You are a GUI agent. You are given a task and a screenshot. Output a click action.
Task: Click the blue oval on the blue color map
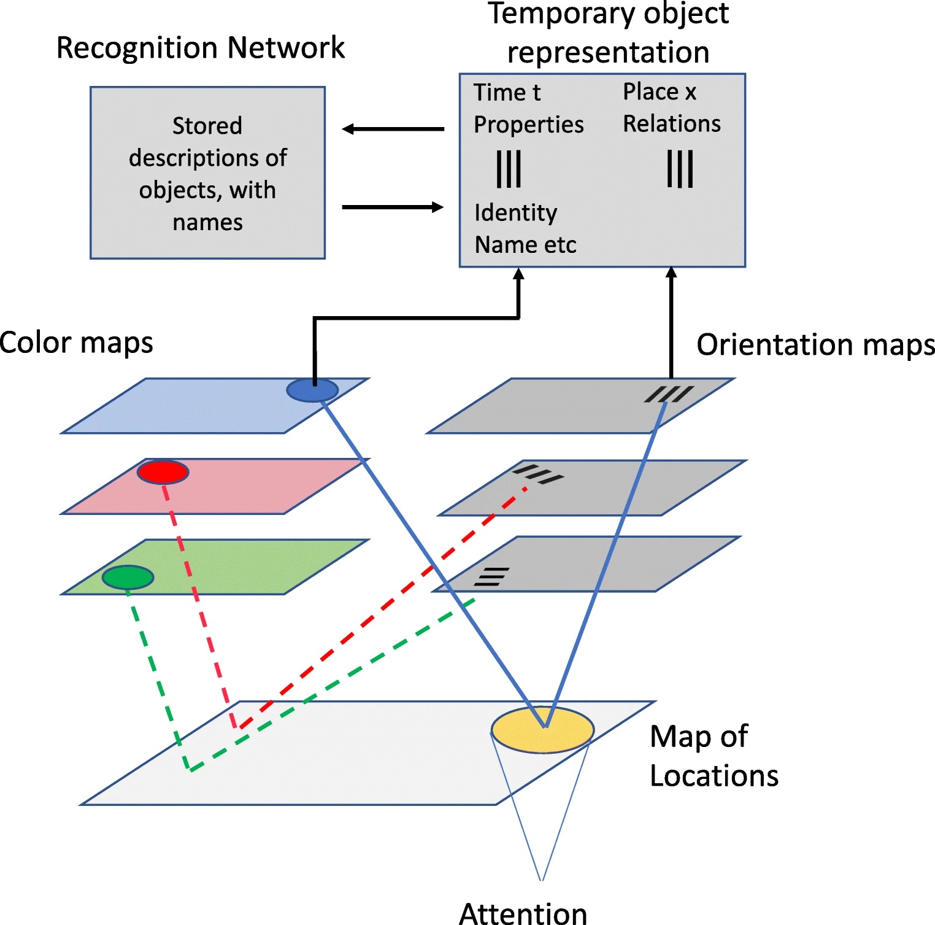click(x=312, y=390)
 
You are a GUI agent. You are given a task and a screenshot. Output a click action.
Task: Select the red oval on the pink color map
click(x=163, y=472)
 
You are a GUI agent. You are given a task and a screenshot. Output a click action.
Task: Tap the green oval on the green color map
click(x=128, y=578)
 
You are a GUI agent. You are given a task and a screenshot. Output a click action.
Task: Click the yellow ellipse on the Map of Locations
click(x=542, y=730)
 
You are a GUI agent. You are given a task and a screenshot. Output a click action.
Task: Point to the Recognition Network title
click(x=200, y=48)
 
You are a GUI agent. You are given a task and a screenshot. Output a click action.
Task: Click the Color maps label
click(x=76, y=343)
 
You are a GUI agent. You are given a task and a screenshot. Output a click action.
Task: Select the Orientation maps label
click(x=815, y=345)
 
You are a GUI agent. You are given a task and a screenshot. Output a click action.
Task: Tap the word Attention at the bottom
click(x=523, y=913)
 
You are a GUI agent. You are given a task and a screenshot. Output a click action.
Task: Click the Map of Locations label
click(x=714, y=756)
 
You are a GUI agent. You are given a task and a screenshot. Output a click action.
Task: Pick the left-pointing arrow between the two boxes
click(x=393, y=129)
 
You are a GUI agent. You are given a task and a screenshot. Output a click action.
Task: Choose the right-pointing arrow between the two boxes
click(x=393, y=207)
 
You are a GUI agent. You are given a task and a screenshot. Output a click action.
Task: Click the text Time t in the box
click(x=507, y=93)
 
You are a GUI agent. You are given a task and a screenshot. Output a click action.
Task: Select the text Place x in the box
click(x=660, y=92)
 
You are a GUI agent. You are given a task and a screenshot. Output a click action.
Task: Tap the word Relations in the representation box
click(x=672, y=124)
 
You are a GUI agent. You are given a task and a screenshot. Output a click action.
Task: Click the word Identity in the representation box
click(x=515, y=213)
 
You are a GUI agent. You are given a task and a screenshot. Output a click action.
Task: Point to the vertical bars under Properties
click(x=509, y=169)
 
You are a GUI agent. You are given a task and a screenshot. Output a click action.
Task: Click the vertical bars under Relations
click(x=680, y=169)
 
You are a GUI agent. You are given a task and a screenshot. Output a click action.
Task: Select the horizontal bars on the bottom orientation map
click(x=491, y=577)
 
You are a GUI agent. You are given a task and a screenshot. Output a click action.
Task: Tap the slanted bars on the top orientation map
click(x=669, y=394)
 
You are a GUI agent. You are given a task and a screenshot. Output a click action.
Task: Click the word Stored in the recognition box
click(x=207, y=126)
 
